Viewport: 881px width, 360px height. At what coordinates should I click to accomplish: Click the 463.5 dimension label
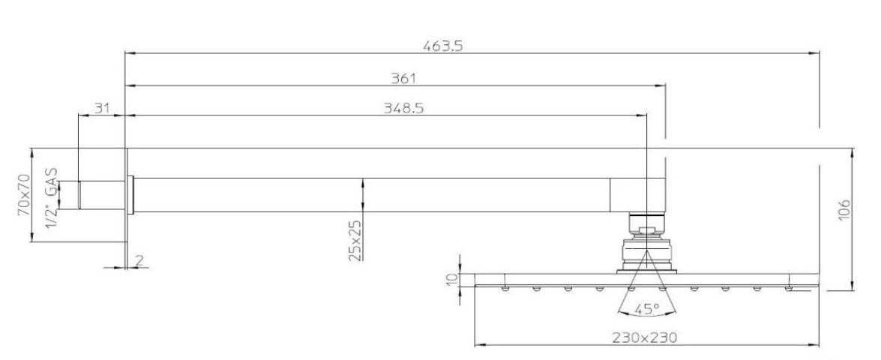click(442, 46)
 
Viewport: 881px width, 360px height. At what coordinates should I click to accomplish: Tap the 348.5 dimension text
click(403, 108)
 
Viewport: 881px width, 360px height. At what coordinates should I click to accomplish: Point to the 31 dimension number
click(101, 108)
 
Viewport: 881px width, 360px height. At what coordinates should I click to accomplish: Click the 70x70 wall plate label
click(23, 195)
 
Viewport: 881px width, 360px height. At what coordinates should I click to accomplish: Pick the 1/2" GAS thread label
click(51, 198)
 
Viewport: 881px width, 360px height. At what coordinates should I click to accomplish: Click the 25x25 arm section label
click(355, 240)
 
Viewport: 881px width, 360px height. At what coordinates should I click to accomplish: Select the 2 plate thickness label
click(139, 259)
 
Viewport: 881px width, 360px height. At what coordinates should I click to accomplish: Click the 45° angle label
click(646, 309)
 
